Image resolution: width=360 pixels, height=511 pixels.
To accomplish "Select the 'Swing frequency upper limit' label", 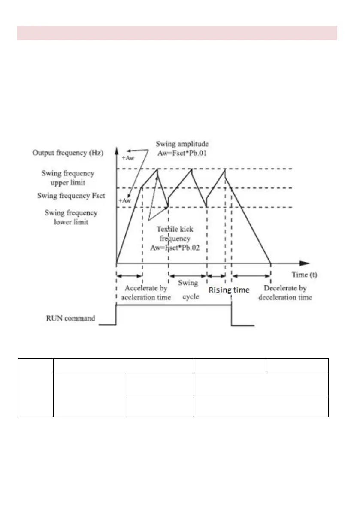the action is (x=68, y=178).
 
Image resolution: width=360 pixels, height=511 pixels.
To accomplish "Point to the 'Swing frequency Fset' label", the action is (x=71, y=195).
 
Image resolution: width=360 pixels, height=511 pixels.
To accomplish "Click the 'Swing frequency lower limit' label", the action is (x=71, y=217).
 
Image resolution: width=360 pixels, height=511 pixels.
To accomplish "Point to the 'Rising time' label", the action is (x=229, y=290).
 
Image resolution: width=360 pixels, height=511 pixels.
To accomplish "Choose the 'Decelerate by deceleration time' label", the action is (x=288, y=293).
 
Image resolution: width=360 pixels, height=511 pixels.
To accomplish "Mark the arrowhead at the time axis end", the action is (x=305, y=263).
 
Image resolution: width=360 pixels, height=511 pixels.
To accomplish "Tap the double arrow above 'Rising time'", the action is (x=216, y=275).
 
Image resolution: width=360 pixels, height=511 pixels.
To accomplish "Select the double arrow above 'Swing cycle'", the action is (x=188, y=275).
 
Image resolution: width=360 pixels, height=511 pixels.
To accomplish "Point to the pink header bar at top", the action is (x=177, y=33).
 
